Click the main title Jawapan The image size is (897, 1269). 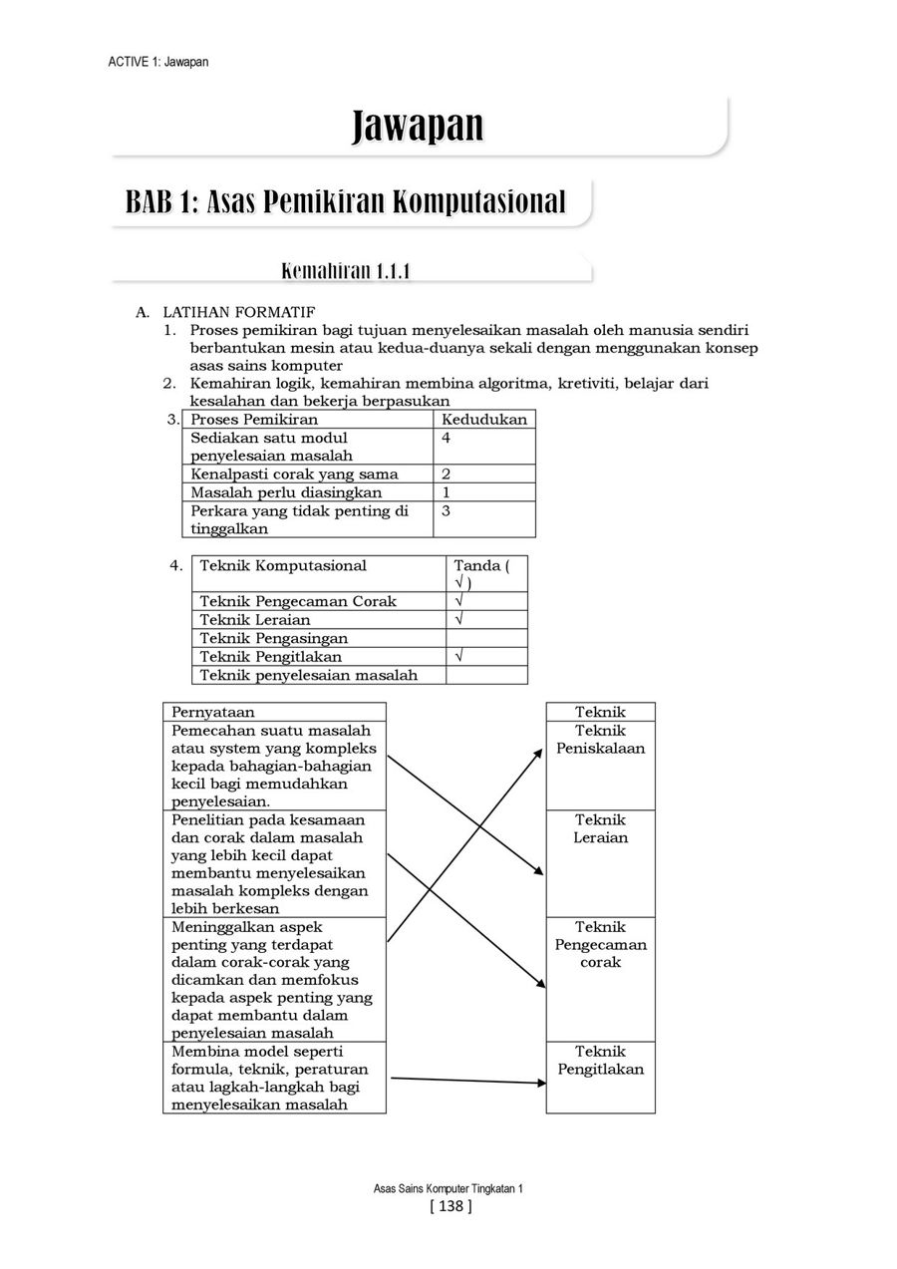click(x=418, y=127)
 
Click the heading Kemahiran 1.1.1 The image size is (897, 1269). click(x=347, y=271)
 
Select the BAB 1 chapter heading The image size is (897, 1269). click(x=345, y=200)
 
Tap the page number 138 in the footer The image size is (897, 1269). click(x=448, y=1207)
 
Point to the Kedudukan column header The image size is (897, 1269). click(x=483, y=420)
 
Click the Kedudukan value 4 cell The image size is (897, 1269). click(x=484, y=446)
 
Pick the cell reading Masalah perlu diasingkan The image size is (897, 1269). click(x=286, y=492)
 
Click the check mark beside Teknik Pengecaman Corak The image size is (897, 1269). click(x=458, y=601)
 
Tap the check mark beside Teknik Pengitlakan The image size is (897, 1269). click(x=458, y=657)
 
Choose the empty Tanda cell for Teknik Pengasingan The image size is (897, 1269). click(x=485, y=638)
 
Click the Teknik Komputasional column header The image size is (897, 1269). click(x=283, y=566)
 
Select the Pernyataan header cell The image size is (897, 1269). click(x=213, y=712)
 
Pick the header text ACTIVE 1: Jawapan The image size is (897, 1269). click(x=157, y=62)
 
